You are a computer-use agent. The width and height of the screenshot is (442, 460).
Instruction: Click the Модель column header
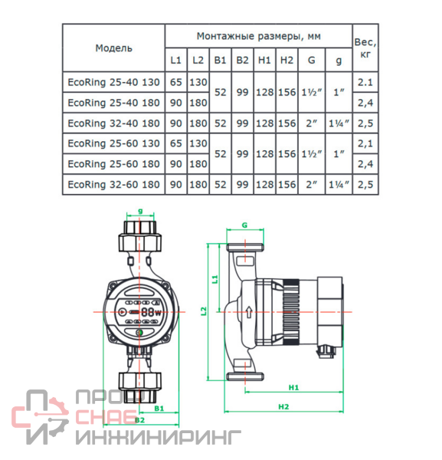coord(113,48)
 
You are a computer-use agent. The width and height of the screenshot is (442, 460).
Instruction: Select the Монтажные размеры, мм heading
coord(258,36)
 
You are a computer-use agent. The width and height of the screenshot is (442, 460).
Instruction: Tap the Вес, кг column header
coord(365,48)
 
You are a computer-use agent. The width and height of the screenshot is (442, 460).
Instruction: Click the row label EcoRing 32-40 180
coord(113,123)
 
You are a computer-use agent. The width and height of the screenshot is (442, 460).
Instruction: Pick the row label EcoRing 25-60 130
coord(113,143)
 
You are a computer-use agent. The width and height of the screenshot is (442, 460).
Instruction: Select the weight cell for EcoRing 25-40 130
coord(365,82)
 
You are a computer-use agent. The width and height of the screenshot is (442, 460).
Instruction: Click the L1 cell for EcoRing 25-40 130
coord(176,82)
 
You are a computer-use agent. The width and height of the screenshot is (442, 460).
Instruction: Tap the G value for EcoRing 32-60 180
coord(312,185)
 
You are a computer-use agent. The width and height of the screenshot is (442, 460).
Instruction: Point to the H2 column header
coord(286,60)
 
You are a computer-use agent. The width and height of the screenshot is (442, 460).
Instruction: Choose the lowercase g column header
coord(339,61)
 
